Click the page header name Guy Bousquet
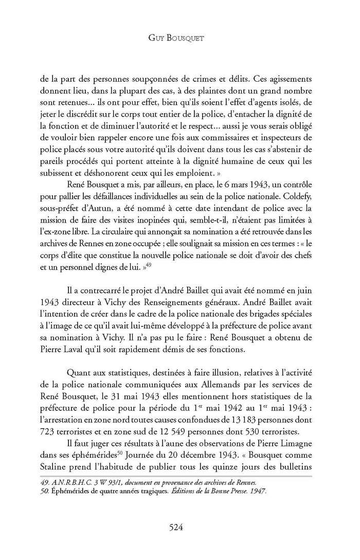pos(180,39)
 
